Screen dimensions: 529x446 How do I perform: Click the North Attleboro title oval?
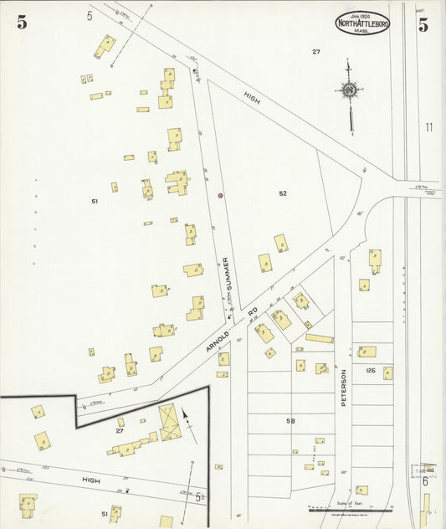pos(362,23)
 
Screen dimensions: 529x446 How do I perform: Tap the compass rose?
pos(350,88)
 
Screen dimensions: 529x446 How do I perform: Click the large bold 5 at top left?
pos(22,23)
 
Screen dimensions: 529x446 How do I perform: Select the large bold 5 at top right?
pos(423,24)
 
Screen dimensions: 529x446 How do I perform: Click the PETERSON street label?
pos(343,388)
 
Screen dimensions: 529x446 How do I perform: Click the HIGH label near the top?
pos(253,97)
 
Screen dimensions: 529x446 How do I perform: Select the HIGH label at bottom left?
pos(90,480)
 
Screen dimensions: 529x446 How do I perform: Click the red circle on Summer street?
pos(220,195)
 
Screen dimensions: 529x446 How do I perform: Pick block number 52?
pos(283,193)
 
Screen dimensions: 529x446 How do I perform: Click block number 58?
pos(291,420)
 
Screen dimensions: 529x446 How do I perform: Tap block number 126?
pos(371,369)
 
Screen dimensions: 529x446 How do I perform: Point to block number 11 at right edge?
pos(429,127)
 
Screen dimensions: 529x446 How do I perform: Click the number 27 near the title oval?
pos(316,52)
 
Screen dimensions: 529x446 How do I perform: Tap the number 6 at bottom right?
pos(425,480)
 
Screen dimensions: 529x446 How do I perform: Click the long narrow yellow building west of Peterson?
pos(319,339)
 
